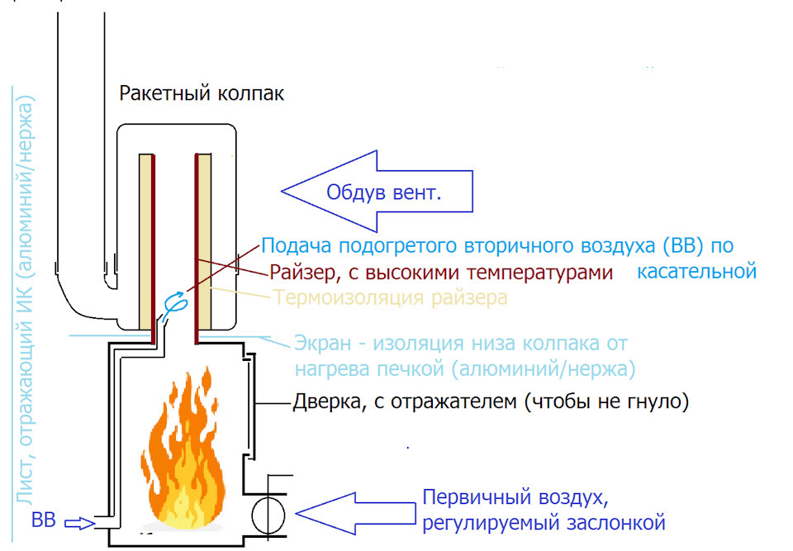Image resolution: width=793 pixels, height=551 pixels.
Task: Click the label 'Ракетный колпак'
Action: point(202,93)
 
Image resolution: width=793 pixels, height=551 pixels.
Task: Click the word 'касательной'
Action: point(697,270)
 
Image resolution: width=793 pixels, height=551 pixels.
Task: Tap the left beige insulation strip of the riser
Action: point(145,240)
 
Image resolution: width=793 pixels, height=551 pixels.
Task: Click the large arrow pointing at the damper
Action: point(355,514)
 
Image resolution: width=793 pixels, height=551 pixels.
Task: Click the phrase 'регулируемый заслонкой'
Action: point(543,523)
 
